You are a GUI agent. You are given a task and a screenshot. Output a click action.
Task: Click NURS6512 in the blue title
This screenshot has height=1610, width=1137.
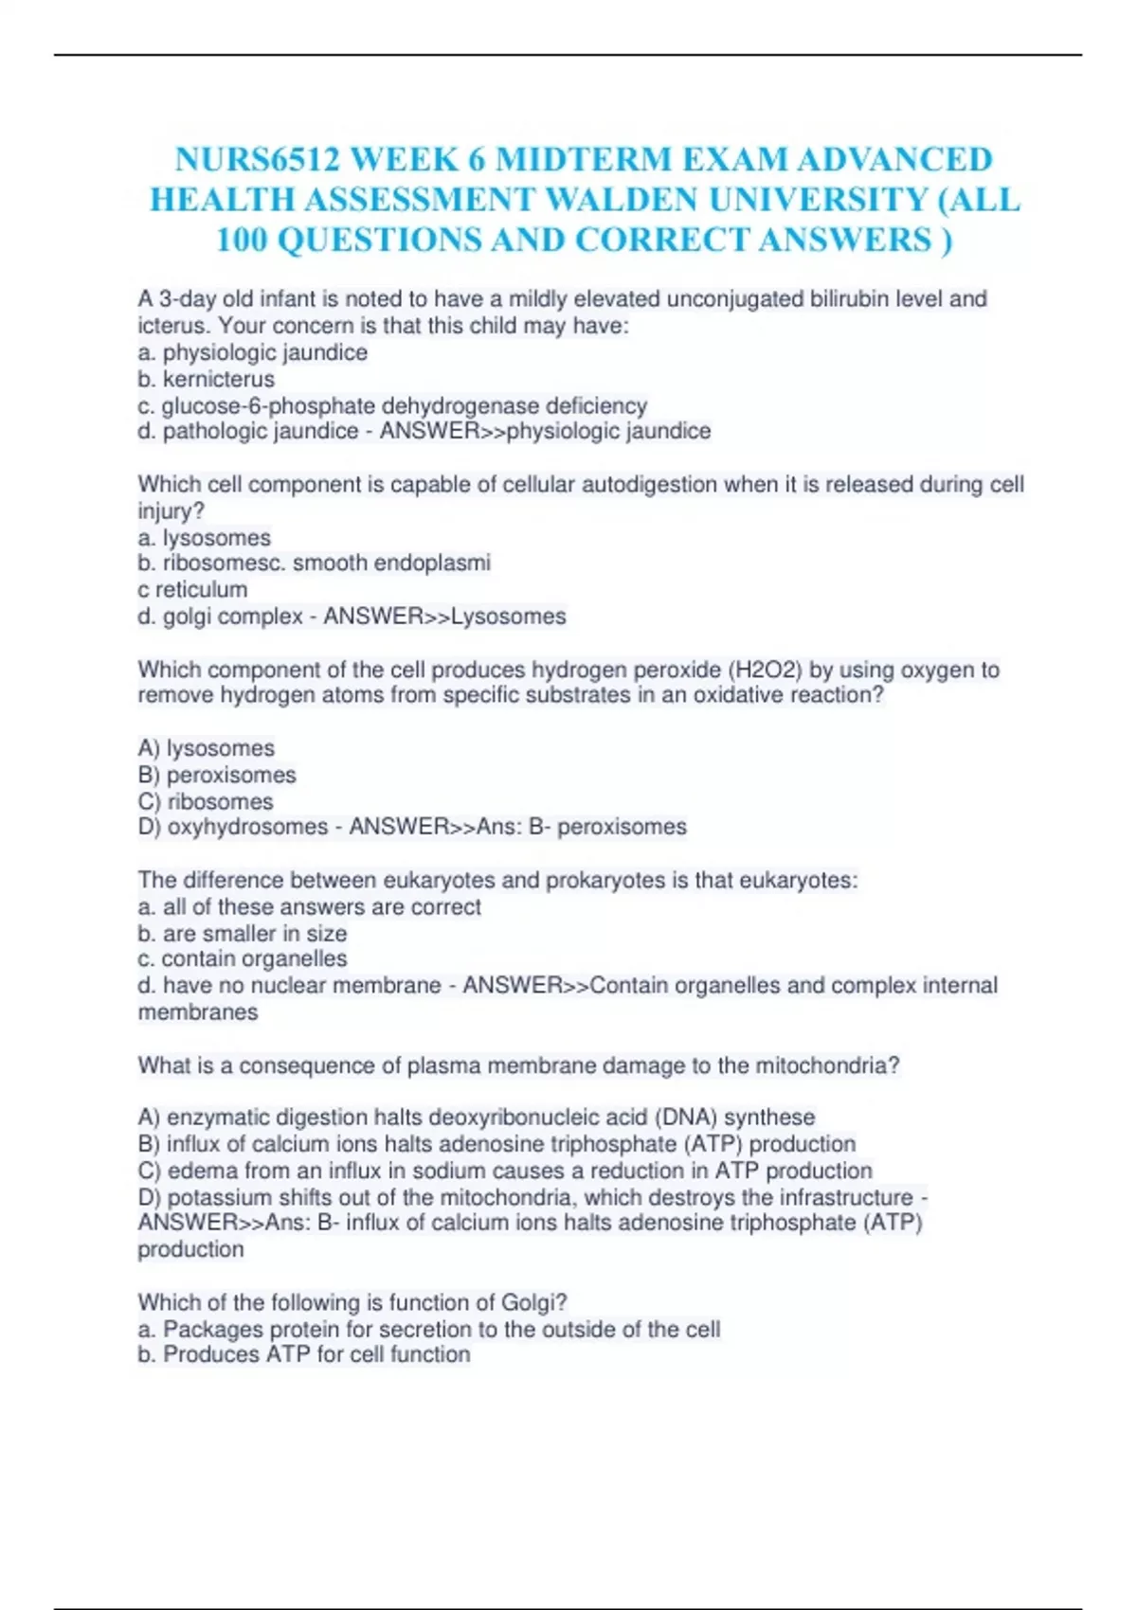click(x=257, y=159)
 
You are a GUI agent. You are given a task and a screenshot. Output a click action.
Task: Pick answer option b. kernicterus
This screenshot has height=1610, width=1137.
click(x=207, y=379)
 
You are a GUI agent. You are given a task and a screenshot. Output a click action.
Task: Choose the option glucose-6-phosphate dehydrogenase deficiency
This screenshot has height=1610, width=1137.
click(x=393, y=405)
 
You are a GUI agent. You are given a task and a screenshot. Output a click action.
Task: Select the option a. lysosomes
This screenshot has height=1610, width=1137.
click(x=205, y=538)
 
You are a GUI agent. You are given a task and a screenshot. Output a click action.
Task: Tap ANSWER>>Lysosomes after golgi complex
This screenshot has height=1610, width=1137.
click(x=444, y=617)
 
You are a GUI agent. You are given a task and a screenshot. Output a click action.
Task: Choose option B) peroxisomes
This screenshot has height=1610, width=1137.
click(x=217, y=775)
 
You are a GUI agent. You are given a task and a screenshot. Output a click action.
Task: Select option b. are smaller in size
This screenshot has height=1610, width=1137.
click(x=243, y=933)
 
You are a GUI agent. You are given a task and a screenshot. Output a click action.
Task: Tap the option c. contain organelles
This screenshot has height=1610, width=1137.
click(x=243, y=958)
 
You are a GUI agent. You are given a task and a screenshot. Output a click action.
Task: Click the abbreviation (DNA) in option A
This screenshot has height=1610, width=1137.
click(x=685, y=1118)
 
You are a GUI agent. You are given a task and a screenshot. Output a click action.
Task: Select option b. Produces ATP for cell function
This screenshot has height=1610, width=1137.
click(x=304, y=1354)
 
